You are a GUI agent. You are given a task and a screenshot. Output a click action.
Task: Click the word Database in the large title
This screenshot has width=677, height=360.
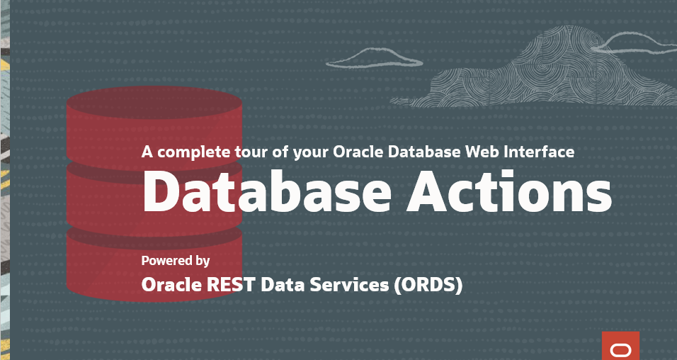coord(266,191)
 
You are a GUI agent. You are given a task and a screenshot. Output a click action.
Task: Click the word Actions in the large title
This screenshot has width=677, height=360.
coord(510,191)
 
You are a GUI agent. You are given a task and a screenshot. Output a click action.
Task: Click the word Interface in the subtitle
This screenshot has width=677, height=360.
coord(540,152)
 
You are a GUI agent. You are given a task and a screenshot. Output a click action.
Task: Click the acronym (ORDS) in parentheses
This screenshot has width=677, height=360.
coord(428,285)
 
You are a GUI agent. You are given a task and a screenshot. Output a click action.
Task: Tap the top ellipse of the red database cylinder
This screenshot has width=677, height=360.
coord(154,103)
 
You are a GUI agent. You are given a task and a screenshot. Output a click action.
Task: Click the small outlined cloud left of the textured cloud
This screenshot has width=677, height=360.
coord(374,58)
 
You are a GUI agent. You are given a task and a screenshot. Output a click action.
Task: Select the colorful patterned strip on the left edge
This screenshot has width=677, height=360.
coord(5,180)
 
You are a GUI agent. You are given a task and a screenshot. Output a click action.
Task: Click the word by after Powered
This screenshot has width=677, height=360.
coord(203,261)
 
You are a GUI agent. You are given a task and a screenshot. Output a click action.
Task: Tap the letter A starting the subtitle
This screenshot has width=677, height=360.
coord(147,152)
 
